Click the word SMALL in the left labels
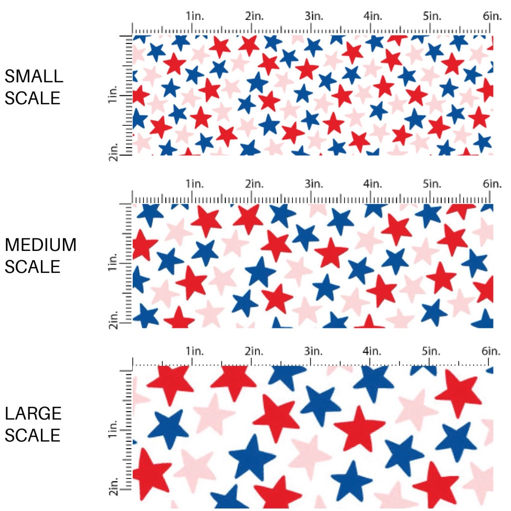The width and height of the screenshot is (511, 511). tap(34, 76)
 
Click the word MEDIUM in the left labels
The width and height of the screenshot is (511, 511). tap(40, 245)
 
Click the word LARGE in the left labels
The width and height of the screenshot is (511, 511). tap(33, 413)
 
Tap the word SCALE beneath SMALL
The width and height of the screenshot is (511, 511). tap(32, 98)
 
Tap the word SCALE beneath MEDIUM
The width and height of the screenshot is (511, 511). tap(32, 266)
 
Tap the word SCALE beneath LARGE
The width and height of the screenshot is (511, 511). tap(32, 435)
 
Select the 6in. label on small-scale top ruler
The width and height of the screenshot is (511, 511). tap(492, 16)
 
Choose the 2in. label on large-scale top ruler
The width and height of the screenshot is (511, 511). tap(255, 351)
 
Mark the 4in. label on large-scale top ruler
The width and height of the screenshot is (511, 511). tap(373, 351)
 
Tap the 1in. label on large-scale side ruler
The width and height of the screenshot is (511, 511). tap(112, 430)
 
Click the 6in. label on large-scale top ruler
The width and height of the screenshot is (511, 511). tap(492, 351)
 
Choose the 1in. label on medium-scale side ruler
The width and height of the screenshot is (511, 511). tap(112, 262)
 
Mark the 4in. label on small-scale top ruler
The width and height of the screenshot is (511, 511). tap(373, 16)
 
